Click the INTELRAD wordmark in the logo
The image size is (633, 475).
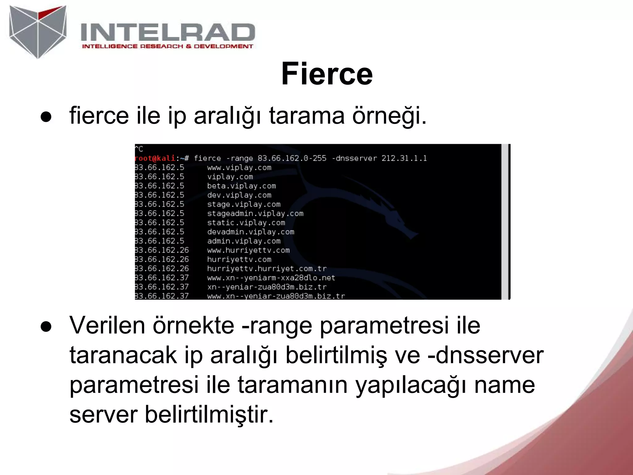(168, 32)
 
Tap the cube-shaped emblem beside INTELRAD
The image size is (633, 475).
(38, 32)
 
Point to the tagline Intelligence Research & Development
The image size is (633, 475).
(167, 46)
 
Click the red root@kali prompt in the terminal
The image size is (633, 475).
(155, 158)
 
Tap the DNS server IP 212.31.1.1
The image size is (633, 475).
(404, 158)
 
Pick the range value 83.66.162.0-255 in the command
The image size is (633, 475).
(292, 158)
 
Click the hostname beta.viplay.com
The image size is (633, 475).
(241, 186)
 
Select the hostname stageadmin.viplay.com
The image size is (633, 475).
(255, 213)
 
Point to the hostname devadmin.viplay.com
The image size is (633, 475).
(250, 232)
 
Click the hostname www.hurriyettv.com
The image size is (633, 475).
(248, 250)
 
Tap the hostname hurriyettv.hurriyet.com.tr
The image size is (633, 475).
(266, 268)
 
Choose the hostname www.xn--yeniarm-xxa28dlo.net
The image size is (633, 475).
(271, 278)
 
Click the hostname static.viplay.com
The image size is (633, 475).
(246, 223)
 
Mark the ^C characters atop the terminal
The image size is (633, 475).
(139, 149)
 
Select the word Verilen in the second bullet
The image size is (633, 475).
(107, 326)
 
